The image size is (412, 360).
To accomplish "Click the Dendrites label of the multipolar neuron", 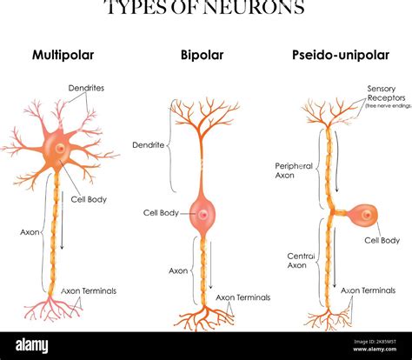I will point(86,88).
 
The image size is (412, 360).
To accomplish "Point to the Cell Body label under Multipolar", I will point(89,199).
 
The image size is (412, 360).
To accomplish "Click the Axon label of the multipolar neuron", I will point(29,232).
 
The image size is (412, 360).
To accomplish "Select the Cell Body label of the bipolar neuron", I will point(161,212).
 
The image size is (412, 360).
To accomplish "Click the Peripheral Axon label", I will point(295,170).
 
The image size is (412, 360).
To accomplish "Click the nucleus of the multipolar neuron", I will point(59,150).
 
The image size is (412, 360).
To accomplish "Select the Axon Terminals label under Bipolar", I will point(243,297).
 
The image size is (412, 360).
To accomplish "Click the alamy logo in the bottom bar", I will point(36,345).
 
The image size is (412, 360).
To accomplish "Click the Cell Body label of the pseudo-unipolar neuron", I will point(382,240).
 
